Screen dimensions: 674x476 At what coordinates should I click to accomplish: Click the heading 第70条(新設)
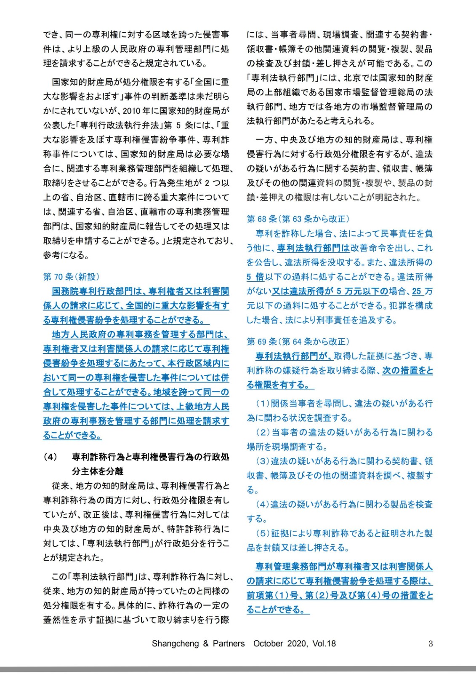click(x=71, y=277)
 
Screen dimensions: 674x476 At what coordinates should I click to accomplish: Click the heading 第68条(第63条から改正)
click(x=298, y=219)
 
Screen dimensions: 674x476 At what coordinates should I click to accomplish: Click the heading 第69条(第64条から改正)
click(x=298, y=341)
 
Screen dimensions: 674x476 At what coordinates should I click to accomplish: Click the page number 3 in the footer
click(x=430, y=643)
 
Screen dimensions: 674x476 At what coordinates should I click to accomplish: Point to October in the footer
click(x=269, y=644)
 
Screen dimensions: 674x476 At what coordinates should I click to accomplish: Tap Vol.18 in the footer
click(x=324, y=644)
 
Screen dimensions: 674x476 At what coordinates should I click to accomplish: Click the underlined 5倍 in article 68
click(x=255, y=277)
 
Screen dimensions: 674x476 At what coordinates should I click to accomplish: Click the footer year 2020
click(x=298, y=644)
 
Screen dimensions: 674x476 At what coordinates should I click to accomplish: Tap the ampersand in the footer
click(x=206, y=644)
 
